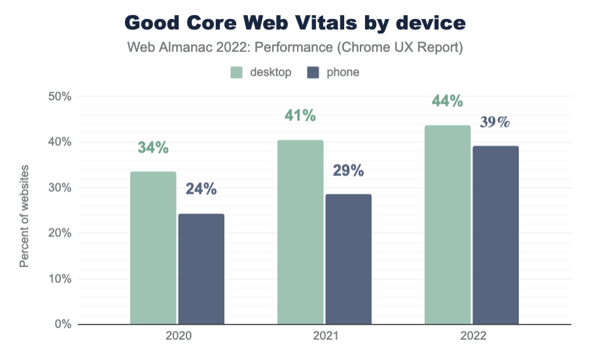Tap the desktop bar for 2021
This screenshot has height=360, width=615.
point(300,232)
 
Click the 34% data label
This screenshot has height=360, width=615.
point(153,148)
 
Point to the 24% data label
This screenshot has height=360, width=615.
point(201,189)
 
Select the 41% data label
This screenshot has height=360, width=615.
point(300,116)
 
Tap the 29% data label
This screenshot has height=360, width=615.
point(348,171)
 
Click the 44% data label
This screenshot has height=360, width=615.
point(448,101)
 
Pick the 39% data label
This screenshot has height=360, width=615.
point(495,122)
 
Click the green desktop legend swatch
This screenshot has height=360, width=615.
point(237,72)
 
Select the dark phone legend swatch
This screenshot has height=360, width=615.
point(313,72)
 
